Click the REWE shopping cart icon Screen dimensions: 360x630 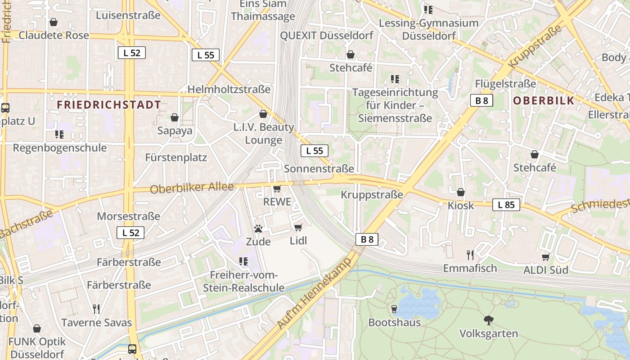coord(277,189)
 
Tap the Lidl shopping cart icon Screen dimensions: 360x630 coord(298,227)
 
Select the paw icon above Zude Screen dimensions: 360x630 coord(258,229)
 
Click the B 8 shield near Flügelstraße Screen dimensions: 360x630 coord(481,101)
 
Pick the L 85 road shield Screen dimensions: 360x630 coord(506,205)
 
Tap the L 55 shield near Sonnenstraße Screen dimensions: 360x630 coord(315,151)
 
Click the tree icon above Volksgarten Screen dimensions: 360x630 coord(488,320)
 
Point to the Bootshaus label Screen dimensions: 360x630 coord(395,322)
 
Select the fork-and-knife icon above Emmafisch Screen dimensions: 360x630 coord(470,255)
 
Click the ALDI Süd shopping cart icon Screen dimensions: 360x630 coord(546,257)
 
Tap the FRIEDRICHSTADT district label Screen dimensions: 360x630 coord(109,105)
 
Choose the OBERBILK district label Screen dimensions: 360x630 coord(544,100)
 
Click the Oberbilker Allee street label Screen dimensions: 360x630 coord(192,188)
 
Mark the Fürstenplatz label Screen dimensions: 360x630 coord(176,157)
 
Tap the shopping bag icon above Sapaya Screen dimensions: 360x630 coord(175,118)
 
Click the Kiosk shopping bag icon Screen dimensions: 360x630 coord(461,193)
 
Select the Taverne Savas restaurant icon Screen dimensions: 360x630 coord(96,309)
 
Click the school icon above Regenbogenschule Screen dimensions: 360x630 coord(59,134)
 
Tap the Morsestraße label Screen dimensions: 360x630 coord(129,216)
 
